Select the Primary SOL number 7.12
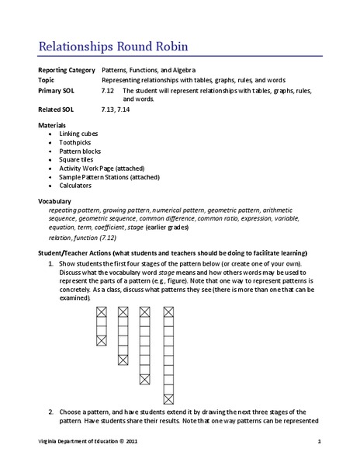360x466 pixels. [109, 91]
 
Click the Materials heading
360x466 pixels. [52, 125]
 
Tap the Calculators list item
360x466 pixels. [75, 186]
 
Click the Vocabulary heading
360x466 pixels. [54, 201]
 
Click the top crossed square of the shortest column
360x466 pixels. [101, 312]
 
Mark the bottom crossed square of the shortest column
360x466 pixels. [101, 340]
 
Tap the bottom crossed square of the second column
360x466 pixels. [123, 360]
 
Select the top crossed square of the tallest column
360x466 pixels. [168, 312]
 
